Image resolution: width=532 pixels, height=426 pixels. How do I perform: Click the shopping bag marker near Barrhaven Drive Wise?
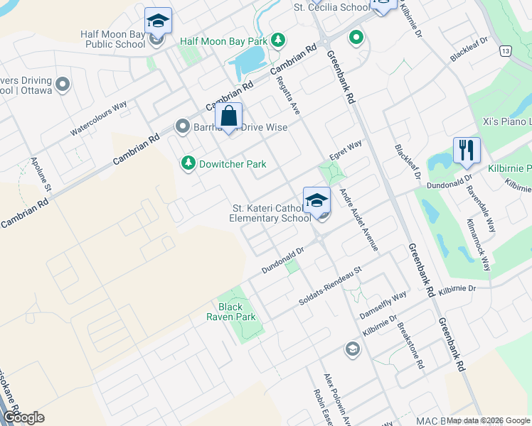click(229, 116)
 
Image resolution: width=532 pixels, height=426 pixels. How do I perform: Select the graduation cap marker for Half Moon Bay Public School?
click(158, 21)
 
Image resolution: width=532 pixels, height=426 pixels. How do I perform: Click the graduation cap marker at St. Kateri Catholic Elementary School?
click(316, 201)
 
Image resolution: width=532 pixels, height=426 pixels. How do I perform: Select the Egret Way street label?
click(346, 150)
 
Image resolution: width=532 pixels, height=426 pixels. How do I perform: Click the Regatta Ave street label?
click(288, 96)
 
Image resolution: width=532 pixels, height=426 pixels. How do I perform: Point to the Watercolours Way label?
click(98, 119)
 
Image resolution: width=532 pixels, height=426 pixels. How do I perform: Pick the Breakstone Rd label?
click(411, 346)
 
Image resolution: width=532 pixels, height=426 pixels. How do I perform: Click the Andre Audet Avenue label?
click(358, 220)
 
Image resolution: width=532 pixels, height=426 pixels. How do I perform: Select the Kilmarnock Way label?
click(479, 245)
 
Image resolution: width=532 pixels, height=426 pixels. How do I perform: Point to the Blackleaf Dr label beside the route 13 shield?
click(469, 50)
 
